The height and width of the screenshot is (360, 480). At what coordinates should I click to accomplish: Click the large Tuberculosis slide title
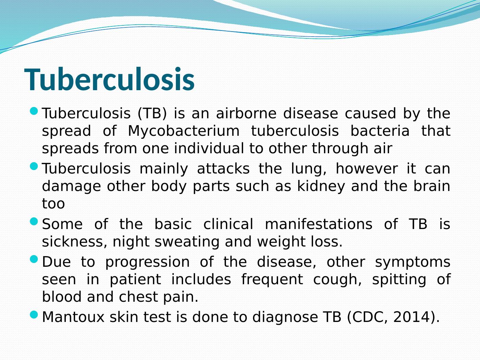pos(109,79)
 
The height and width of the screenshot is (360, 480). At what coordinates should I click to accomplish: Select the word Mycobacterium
pos(184,131)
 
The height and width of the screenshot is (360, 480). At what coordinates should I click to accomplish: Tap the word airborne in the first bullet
pos(246,113)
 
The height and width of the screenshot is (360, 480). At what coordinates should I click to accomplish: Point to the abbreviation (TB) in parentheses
pos(152,113)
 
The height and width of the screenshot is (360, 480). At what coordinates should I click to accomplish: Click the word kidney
pos(321,187)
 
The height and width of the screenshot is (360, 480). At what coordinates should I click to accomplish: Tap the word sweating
pos(187,242)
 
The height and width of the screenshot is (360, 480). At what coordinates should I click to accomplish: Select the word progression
pos(147,262)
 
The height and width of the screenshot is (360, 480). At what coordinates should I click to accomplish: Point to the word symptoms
pos(413,262)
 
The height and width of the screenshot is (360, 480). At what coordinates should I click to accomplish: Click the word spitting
pos(399,279)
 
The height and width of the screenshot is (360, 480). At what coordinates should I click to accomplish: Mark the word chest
pos(138,297)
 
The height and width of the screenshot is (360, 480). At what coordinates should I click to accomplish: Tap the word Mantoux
pos(73,317)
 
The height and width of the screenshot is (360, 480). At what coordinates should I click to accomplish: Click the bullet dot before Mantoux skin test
pos(34,315)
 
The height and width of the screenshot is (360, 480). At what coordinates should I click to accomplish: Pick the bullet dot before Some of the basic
pos(34,221)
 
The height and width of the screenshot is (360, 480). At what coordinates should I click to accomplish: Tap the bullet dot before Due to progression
pos(34,260)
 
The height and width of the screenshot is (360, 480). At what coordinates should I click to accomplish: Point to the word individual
pos(209,148)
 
